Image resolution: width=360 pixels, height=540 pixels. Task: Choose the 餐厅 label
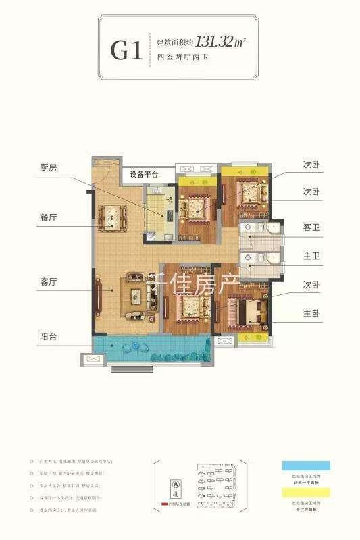coord(49,218)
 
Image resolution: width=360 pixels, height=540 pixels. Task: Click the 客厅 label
coord(49,281)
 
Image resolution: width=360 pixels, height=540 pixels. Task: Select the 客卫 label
coord(311,229)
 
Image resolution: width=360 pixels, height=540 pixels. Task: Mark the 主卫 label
coord(311,257)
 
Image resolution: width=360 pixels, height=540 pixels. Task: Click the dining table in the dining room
coord(109,216)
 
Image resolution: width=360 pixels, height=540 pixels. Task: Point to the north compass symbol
coord(176,485)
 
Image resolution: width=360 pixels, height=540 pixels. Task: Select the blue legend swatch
coord(303,466)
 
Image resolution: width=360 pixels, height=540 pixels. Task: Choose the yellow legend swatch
coord(303,493)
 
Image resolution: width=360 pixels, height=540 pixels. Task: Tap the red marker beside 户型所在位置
coord(164,504)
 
